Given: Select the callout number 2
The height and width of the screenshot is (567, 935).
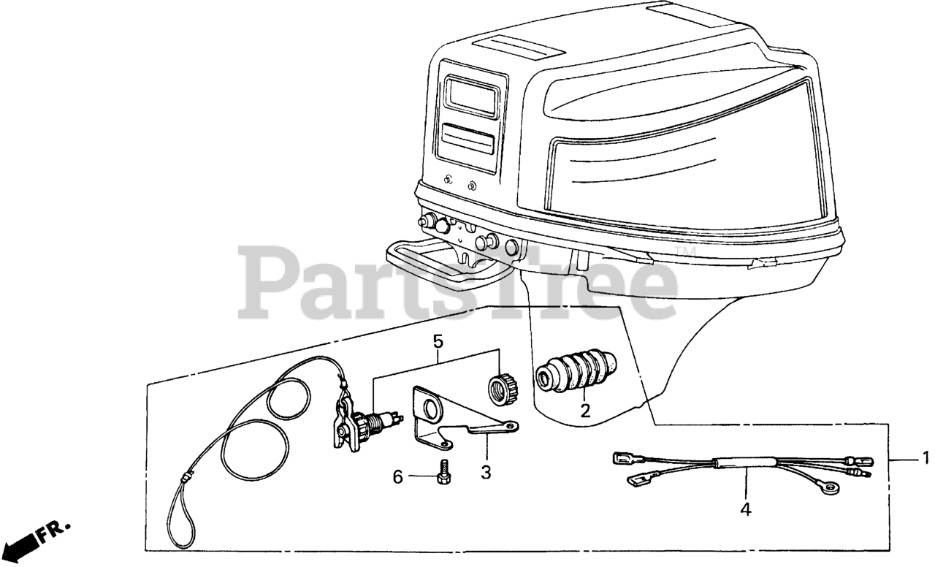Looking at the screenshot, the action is point(585,411).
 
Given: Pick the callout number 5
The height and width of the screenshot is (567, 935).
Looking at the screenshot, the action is point(438,340).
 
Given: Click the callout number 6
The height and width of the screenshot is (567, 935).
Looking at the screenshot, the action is point(398,477).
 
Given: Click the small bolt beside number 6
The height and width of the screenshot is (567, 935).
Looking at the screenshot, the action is point(443,473).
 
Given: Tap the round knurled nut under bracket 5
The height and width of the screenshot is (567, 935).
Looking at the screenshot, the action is point(503,389).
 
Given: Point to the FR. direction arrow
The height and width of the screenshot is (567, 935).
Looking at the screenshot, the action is point(22,544).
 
